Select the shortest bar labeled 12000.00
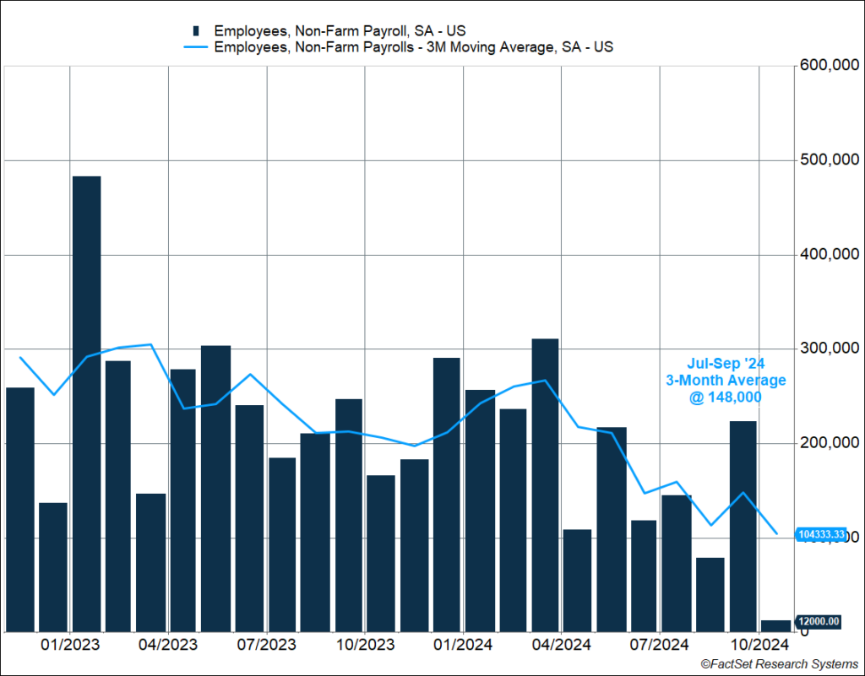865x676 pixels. click(775, 625)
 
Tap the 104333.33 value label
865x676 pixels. click(820, 534)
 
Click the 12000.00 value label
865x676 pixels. click(819, 622)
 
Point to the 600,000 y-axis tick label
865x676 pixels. click(830, 66)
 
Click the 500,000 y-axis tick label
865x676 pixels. click(830, 160)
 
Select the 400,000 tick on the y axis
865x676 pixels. click(830, 255)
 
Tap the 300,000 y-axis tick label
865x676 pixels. click(830, 349)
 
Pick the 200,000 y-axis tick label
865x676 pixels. click(830, 443)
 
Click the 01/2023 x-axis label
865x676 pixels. click(71, 646)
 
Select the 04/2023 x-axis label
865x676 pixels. click(169, 646)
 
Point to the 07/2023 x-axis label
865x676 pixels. click(267, 646)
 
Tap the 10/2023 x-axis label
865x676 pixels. click(365, 646)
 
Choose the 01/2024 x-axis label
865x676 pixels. click(464, 646)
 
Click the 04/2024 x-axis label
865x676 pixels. click(562, 646)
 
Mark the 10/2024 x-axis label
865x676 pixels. click(759, 646)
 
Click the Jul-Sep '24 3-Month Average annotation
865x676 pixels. click(725, 381)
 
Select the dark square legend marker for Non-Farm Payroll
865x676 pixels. click(196, 31)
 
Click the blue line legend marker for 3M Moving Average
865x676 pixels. click(196, 47)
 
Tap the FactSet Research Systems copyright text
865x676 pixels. click(778, 665)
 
